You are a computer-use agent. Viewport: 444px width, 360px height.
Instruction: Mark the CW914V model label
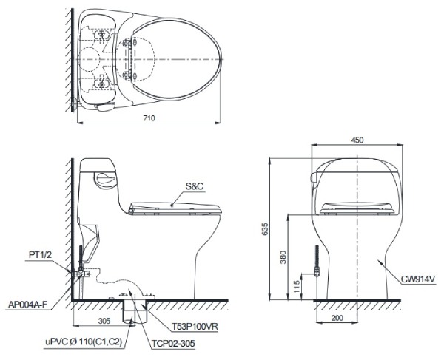(419, 279)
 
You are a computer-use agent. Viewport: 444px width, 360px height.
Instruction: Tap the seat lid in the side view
(175, 206)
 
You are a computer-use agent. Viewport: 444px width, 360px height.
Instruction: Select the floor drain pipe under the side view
(134, 310)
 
